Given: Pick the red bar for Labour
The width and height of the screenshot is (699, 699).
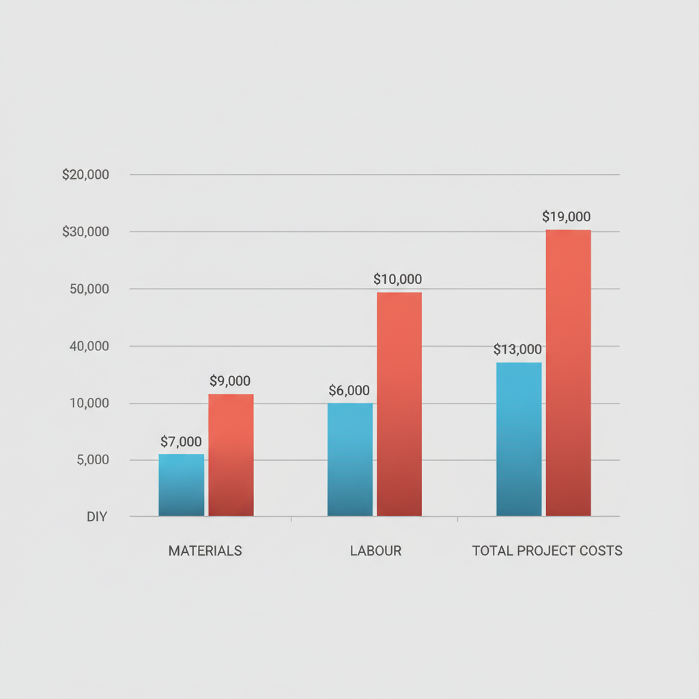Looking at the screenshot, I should pyautogui.click(x=399, y=404).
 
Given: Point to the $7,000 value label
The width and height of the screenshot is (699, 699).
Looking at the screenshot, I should pyautogui.click(x=181, y=442).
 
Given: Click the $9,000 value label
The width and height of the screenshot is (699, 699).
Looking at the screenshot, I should pyautogui.click(x=230, y=381).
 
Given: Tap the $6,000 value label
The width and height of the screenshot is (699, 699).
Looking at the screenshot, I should pyautogui.click(x=349, y=390).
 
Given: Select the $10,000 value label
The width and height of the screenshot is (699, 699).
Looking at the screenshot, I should pyautogui.click(x=398, y=279).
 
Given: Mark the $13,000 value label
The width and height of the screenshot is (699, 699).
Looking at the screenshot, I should pyautogui.click(x=517, y=350).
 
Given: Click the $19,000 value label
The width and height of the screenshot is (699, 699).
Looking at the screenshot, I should pyautogui.click(x=567, y=217).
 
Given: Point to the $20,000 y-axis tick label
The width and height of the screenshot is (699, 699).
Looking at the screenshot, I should pyautogui.click(x=85, y=175).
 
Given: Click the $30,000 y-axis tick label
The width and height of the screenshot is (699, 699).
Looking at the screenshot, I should pyautogui.click(x=85, y=232).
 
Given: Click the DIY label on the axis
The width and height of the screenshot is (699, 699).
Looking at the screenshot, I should pyautogui.click(x=97, y=517).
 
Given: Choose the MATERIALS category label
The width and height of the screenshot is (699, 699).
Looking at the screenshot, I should pyautogui.click(x=205, y=551).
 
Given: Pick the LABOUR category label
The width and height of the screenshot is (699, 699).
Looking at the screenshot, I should pyautogui.click(x=375, y=551).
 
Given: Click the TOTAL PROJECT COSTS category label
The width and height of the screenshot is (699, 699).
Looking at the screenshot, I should pyautogui.click(x=547, y=551).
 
